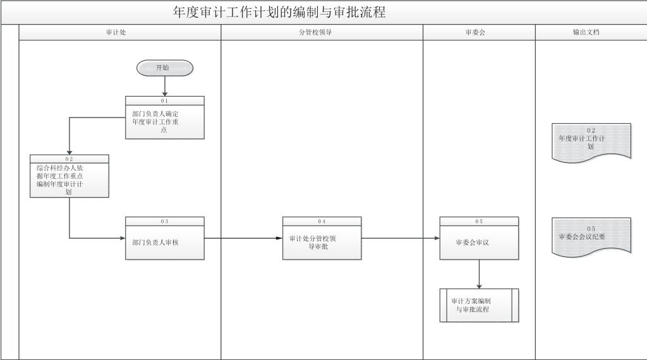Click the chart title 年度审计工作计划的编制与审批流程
279,12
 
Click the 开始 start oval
164,68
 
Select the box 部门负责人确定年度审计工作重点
164,121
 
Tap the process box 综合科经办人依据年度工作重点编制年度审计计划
69,180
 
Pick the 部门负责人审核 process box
164,242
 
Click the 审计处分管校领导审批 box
322,242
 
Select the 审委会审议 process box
479,242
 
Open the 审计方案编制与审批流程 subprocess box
479,305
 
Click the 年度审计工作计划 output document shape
591,143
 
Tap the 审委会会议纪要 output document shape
591,237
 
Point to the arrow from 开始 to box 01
164,85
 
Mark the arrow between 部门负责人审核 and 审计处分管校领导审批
243,238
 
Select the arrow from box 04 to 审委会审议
401,238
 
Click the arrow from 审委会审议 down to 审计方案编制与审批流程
479,273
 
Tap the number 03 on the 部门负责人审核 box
164,221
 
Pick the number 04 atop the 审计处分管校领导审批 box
322,221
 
